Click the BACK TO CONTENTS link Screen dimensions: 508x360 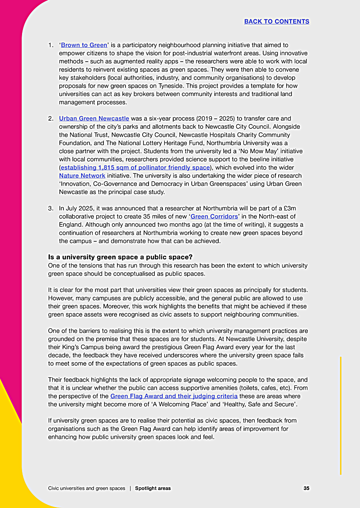276,22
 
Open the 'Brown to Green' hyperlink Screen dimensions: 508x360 84,45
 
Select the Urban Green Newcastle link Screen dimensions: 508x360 94,118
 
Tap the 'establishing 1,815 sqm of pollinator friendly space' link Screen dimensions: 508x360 135,168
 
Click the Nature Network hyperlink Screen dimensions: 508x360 82,176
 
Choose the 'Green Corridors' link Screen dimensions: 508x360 214,217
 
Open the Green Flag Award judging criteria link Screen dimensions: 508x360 174,396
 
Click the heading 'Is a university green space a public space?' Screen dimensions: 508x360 120,257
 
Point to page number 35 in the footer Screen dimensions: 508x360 306,488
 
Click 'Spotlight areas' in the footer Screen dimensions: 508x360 153,488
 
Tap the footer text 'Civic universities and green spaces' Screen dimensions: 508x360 86,488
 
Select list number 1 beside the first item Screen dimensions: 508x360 51,45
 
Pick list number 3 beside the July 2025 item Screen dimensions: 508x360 51,209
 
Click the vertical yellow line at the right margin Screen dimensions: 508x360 341,414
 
